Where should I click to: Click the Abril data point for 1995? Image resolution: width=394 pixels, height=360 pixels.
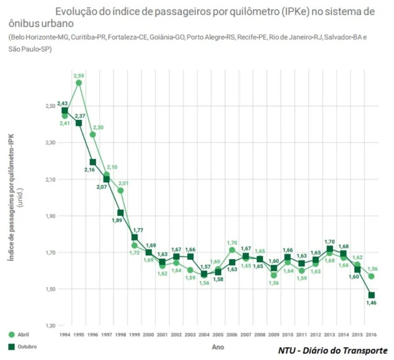point(78,83)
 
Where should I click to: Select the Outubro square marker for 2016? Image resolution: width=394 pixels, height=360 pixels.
point(371,295)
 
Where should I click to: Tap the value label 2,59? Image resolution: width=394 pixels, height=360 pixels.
point(78,76)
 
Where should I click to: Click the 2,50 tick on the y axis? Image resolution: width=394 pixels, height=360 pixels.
point(50,106)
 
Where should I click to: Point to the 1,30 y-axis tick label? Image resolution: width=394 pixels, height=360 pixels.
point(50,325)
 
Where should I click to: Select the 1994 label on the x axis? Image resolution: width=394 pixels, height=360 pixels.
point(65,334)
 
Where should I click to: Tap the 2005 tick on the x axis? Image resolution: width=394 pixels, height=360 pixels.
point(218,334)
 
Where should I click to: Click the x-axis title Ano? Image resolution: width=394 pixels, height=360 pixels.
point(218,347)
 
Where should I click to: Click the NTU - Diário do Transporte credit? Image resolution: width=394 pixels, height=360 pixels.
point(333,350)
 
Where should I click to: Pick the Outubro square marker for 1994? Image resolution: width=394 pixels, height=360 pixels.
point(65,111)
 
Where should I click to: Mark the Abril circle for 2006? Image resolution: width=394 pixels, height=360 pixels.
point(232,250)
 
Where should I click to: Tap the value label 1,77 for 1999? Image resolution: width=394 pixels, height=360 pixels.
point(138,230)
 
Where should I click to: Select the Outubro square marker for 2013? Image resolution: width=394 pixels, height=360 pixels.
point(329,249)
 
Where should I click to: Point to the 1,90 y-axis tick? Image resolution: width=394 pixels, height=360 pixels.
point(50,215)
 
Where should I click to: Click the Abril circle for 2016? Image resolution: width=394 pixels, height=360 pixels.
point(371,276)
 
